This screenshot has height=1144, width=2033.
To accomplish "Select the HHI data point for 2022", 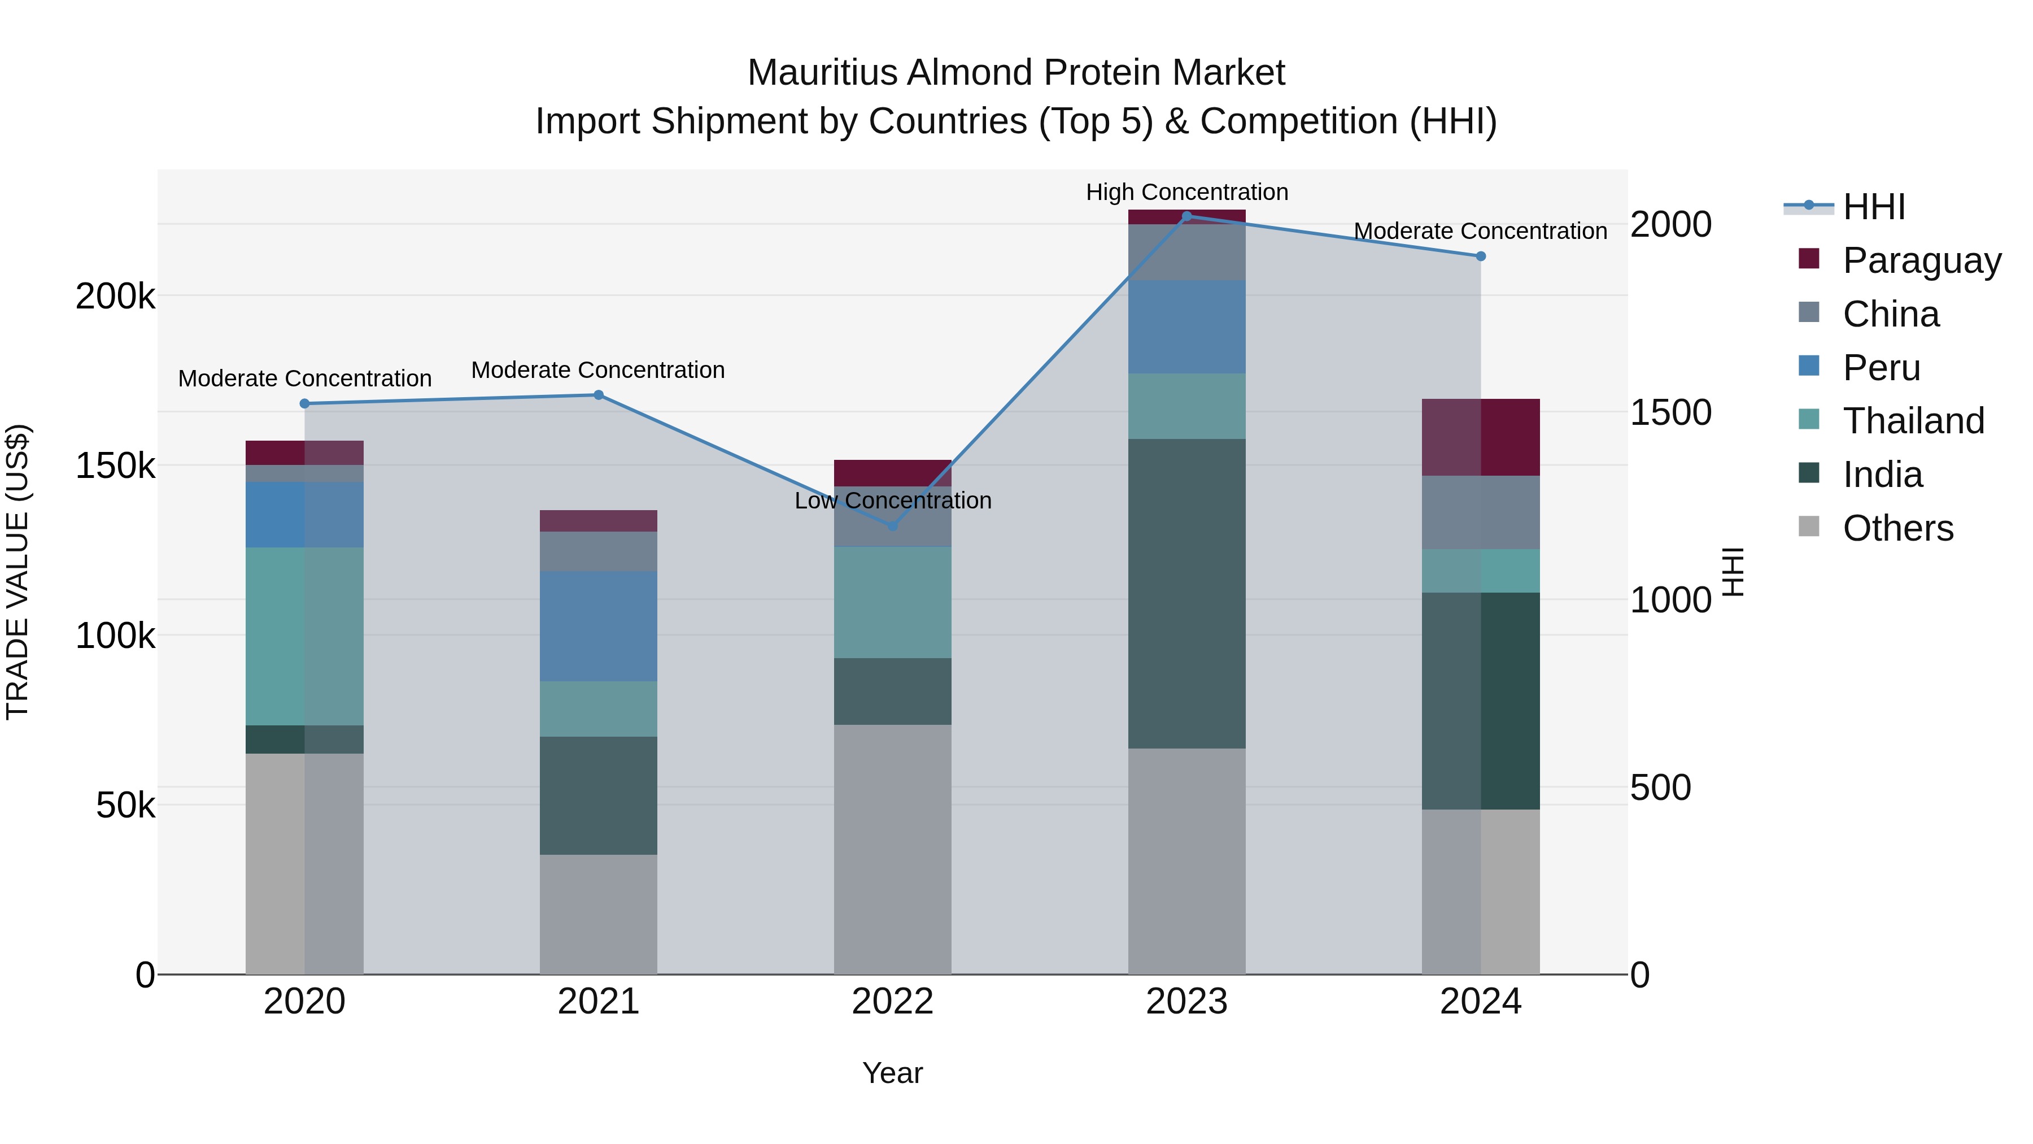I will [x=893, y=526].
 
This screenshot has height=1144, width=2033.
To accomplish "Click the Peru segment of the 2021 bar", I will [x=598, y=626].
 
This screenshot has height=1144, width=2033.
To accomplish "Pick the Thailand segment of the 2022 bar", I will [x=893, y=602].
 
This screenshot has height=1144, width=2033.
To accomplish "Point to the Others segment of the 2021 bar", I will [x=598, y=914].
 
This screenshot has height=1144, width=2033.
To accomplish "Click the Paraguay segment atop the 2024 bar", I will [x=1481, y=437].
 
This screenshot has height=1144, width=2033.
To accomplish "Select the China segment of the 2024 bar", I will [x=1481, y=512].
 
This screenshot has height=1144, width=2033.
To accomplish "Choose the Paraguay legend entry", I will [x=1922, y=260].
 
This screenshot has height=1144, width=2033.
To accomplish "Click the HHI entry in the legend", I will [x=1874, y=207].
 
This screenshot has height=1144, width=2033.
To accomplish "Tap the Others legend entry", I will [x=1897, y=528].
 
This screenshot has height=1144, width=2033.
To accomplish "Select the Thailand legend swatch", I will [x=1808, y=419].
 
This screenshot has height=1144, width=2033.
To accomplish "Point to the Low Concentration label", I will [x=893, y=501].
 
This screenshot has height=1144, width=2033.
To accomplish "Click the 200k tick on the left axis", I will [x=115, y=297].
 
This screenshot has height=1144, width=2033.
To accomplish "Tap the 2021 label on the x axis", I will [x=598, y=1002].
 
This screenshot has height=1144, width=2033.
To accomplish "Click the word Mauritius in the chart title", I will [x=822, y=73].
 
